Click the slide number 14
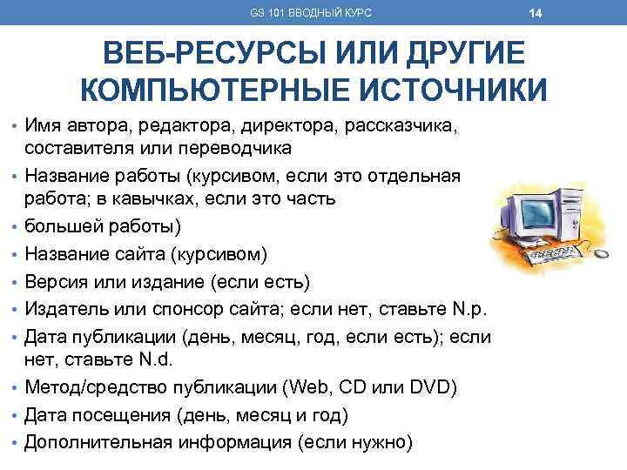pos(536,13)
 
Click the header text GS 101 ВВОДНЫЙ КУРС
pos(311,13)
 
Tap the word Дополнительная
pos(98,440)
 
